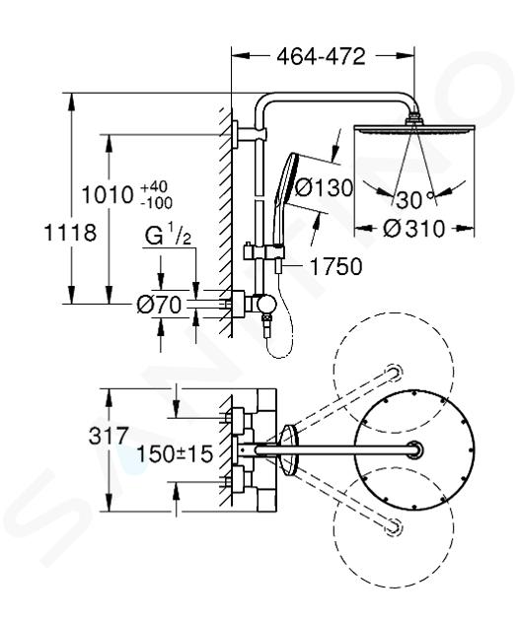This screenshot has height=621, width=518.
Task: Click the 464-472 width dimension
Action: click(x=321, y=56)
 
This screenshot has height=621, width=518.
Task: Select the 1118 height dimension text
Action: click(x=70, y=233)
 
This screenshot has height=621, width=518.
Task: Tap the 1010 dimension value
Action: click(x=107, y=195)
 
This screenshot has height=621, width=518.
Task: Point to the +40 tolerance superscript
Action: click(x=154, y=186)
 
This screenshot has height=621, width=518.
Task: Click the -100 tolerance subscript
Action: click(x=156, y=204)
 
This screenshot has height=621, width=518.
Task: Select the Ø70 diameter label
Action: click(x=159, y=305)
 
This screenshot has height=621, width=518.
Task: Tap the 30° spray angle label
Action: click(x=414, y=199)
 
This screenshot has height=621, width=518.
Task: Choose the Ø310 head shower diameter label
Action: click(x=414, y=229)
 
